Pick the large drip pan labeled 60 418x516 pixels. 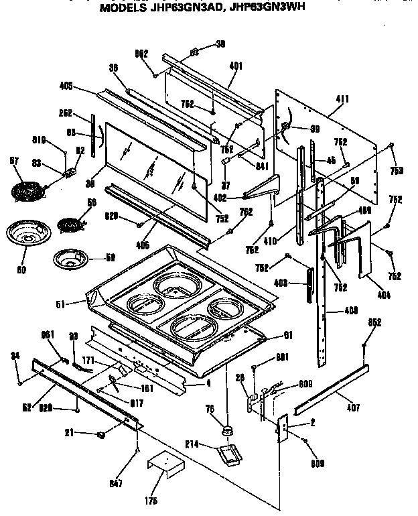coord(23,235)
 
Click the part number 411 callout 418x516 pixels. coord(342,99)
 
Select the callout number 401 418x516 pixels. coord(235,66)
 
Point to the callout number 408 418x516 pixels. coord(350,311)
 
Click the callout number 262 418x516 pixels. coord(65,113)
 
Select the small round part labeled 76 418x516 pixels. coord(230,429)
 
